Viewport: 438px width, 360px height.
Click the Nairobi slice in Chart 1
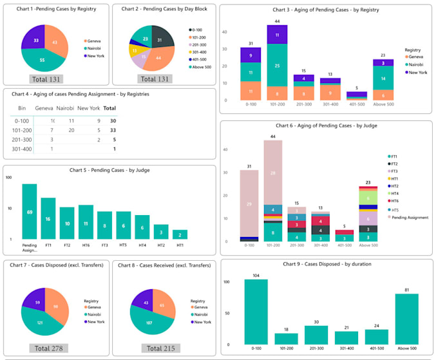coord(43,60)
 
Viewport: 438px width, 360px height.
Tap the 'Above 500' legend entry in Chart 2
coord(201,66)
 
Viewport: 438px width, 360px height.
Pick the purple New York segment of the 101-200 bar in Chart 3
coord(277,35)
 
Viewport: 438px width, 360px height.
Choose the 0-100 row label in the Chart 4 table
coord(23,120)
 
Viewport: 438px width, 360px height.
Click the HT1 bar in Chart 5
coord(180,234)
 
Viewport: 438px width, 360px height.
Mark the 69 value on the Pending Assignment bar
coord(30,211)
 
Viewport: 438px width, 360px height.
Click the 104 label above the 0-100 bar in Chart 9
coord(256,275)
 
